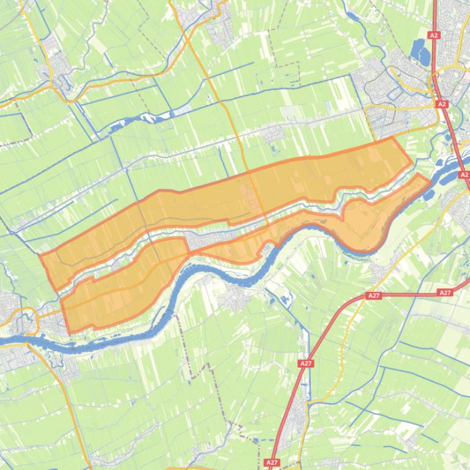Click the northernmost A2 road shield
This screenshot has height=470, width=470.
pyautogui.click(x=434, y=35)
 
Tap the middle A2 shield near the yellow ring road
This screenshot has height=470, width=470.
pyautogui.click(x=442, y=104)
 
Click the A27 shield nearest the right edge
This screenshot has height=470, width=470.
pyautogui.click(x=446, y=293)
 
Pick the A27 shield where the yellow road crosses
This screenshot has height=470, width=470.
pyautogui.click(x=373, y=295)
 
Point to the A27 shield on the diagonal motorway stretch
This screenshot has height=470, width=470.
pyautogui.click(x=306, y=363)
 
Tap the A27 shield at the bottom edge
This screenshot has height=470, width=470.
pyautogui.click(x=273, y=463)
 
